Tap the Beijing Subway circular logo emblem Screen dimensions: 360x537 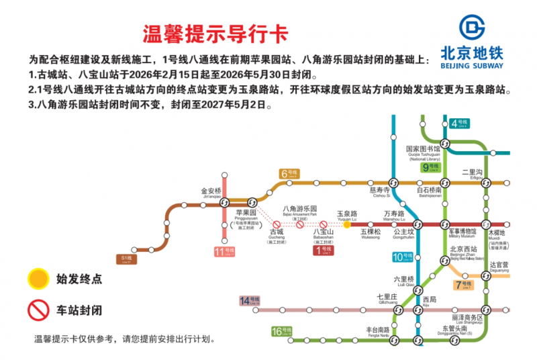[x=472, y=28]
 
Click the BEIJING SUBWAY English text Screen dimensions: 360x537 [x=472, y=66]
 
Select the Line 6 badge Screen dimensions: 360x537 [x=289, y=174]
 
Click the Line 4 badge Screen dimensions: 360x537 [x=459, y=123]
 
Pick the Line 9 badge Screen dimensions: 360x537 [x=430, y=167]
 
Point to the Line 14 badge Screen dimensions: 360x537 [x=249, y=300]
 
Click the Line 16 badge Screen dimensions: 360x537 [x=282, y=331]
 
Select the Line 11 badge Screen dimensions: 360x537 [x=225, y=253]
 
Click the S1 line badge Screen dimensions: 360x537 [x=125, y=259]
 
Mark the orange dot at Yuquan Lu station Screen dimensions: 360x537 [x=347, y=224]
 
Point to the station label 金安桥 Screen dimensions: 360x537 [x=211, y=191]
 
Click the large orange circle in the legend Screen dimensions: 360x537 [x=38, y=278]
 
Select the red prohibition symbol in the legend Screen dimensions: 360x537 [x=38, y=310]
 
